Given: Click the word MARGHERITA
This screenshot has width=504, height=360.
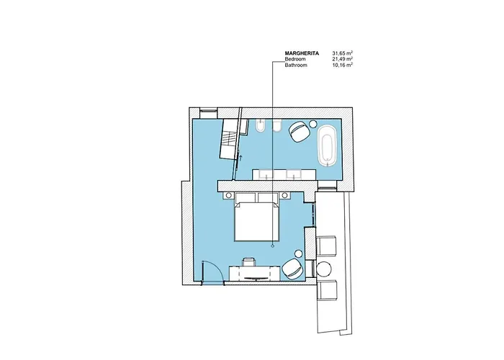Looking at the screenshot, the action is (x=302, y=53).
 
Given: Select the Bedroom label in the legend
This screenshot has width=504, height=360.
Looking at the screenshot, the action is (x=295, y=59).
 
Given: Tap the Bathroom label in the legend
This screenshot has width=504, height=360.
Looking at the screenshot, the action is (x=296, y=65).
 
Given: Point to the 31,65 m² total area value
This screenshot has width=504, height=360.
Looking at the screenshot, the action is (x=343, y=53).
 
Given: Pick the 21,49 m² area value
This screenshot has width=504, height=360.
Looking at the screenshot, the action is (x=343, y=59).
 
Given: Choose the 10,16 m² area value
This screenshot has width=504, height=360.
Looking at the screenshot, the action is (x=343, y=65).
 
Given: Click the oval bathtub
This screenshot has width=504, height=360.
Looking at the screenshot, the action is (x=328, y=147).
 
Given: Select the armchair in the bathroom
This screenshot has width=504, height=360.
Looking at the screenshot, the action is (x=300, y=131).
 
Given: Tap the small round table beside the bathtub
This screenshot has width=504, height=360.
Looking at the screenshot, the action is (x=312, y=123).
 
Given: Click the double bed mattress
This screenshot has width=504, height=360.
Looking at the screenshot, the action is (x=256, y=222).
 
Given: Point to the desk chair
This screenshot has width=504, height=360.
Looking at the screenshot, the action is (x=249, y=261).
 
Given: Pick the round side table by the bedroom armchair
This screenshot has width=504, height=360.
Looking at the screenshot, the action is (x=299, y=253).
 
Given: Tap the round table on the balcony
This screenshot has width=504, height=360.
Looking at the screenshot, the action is (x=324, y=269).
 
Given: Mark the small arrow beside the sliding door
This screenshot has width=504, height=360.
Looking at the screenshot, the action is (x=240, y=158).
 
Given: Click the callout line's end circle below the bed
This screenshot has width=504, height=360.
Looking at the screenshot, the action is (x=273, y=246).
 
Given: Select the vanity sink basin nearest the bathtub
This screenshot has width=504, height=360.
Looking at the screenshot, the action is (x=294, y=174).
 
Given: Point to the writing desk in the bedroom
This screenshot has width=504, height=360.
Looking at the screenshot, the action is (x=254, y=273).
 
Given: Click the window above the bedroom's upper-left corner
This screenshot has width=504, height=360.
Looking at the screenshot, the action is (x=208, y=110).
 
